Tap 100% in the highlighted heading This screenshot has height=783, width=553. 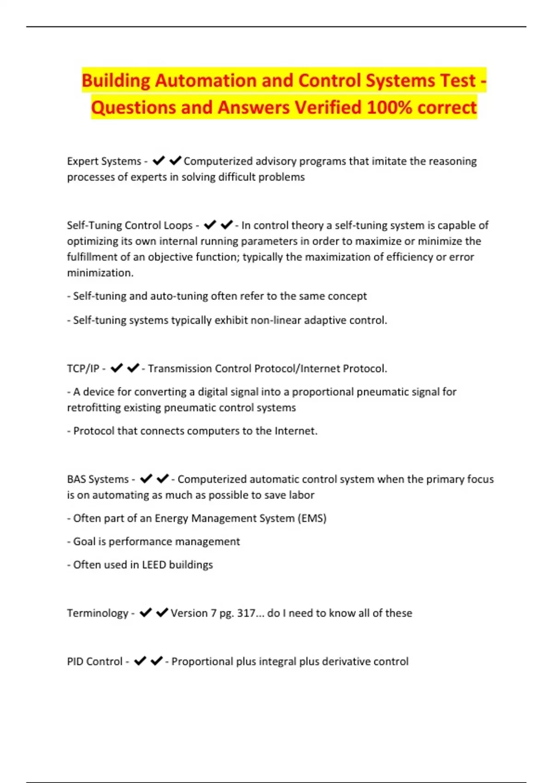tap(389, 108)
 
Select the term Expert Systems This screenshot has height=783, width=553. tap(104, 161)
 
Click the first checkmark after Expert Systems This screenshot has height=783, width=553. tap(159, 161)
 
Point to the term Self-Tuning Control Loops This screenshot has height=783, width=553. tap(129, 225)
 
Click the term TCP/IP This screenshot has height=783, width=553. tap(83, 368)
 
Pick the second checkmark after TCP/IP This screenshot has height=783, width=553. tap(133, 368)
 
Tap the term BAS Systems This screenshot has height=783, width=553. tap(98, 479)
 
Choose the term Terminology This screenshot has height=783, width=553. tap(97, 613)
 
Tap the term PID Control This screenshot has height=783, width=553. tap(94, 661)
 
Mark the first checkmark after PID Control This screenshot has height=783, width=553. tap(140, 661)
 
